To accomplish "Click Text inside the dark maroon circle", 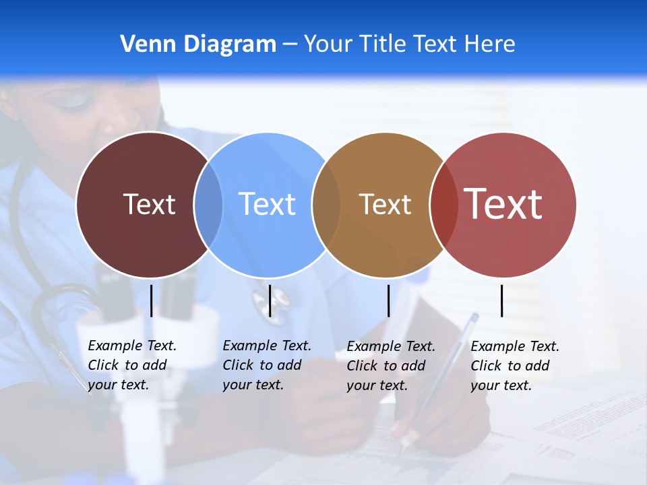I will point(149,204).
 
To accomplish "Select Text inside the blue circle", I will point(268,204).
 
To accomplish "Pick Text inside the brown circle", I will point(386,204).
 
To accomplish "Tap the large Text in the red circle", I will point(503,204).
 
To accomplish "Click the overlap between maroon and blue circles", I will point(208,205).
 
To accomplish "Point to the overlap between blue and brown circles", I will point(326,205).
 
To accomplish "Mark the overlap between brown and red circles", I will point(443,205).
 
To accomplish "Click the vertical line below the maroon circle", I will point(152,300).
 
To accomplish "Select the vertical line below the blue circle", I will point(270,300).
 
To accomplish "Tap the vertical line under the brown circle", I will point(389,300).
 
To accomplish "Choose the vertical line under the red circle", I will point(502,300).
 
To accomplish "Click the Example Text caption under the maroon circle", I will point(131,365).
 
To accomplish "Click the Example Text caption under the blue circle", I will point(266,365).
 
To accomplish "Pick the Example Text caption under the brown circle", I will point(390,366).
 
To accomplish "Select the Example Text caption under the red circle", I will point(514,366).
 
